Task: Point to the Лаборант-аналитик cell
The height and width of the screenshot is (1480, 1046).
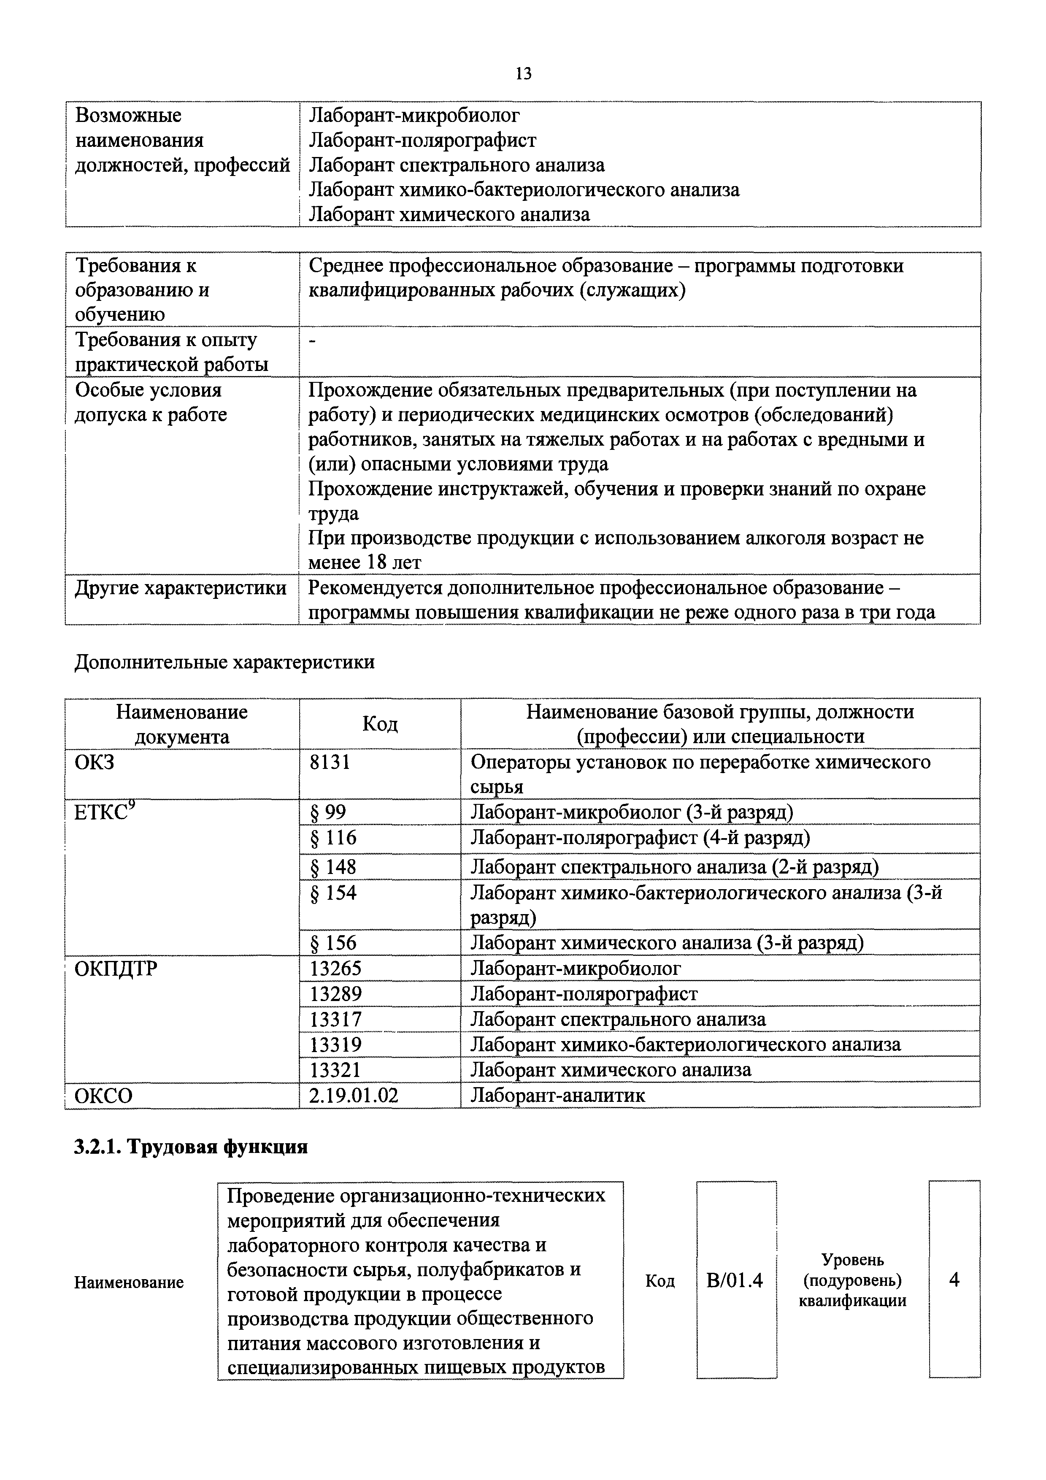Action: [x=557, y=1095]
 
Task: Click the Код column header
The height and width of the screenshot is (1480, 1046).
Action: [x=380, y=724]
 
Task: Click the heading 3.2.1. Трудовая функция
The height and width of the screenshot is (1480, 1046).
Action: [x=191, y=1147]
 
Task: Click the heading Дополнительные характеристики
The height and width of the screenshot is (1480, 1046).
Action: [x=224, y=662]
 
